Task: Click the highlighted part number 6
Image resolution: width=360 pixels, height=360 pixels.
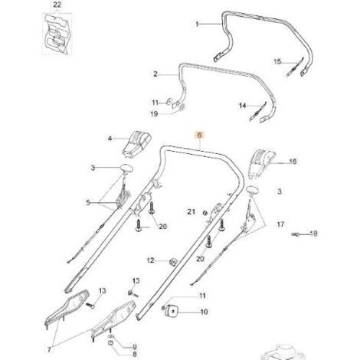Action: tap(200, 135)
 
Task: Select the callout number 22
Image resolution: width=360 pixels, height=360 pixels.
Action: tap(57, 5)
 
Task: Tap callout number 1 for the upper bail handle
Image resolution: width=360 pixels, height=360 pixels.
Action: tap(197, 24)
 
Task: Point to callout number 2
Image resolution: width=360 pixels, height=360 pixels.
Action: tap(155, 74)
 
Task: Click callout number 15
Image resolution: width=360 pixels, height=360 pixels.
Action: tap(277, 62)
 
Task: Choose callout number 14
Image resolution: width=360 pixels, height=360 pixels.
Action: tap(243, 106)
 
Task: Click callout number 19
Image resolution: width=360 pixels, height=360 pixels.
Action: tap(154, 114)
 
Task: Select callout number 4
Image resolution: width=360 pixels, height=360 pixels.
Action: tap(110, 139)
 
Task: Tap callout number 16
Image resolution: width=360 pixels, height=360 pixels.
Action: tap(293, 162)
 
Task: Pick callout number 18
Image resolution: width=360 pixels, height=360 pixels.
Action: tap(314, 234)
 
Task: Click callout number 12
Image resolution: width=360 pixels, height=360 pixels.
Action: tap(151, 260)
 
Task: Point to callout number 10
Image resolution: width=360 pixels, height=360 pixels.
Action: tap(204, 312)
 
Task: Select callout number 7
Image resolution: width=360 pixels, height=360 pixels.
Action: tap(49, 349)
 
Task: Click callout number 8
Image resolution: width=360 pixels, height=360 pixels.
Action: tap(135, 355)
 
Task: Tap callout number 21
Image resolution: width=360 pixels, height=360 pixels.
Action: tap(191, 211)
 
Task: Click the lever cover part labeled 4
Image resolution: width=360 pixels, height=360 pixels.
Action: tap(137, 145)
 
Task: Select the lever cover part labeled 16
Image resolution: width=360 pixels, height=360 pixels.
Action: tap(261, 163)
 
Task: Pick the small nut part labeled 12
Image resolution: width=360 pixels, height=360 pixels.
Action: tap(173, 261)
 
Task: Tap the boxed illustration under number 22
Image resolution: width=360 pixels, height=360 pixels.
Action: tap(57, 34)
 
